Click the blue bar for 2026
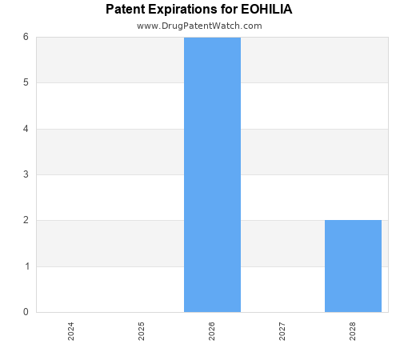(212, 174)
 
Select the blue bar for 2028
(353, 266)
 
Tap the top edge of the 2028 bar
(353, 221)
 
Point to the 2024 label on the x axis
(71, 331)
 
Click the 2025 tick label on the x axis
(142, 331)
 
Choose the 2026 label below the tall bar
(212, 331)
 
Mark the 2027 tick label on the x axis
(282, 331)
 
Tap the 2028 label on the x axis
(353, 331)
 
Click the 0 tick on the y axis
(26, 312)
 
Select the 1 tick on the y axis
(26, 266)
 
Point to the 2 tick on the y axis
(26, 220)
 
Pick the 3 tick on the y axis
(26, 174)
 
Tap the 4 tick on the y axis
(26, 129)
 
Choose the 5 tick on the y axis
(26, 82)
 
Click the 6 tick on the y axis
(26, 37)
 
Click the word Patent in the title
(124, 10)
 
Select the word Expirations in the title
(183, 10)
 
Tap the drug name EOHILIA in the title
(266, 10)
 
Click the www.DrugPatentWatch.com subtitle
(199, 26)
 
